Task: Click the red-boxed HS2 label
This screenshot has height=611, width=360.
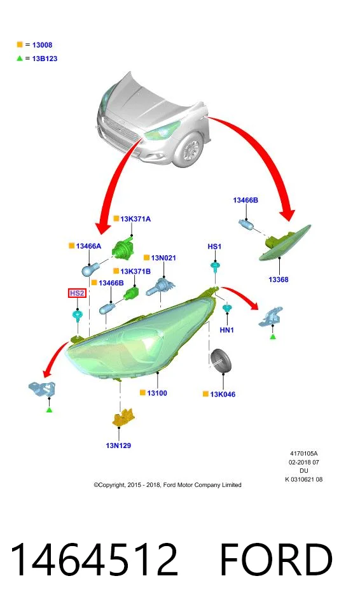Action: (77, 293)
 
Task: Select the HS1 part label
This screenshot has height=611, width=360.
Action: (214, 247)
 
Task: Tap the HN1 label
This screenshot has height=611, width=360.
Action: (227, 330)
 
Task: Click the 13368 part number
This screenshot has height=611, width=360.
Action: (279, 279)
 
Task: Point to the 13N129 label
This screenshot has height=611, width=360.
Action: (118, 446)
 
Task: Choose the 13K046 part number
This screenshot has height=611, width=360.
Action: (223, 395)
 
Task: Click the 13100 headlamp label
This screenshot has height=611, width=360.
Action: (157, 393)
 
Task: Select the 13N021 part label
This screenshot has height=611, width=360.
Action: (163, 258)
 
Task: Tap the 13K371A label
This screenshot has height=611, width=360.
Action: (135, 219)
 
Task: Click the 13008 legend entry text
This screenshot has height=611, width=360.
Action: (42, 45)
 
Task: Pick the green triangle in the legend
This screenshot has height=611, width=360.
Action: (20, 59)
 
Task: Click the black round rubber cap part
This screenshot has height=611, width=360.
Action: (221, 361)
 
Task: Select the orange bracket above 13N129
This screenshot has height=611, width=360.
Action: (123, 418)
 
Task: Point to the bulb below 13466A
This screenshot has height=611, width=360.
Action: (91, 269)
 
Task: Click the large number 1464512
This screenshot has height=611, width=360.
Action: (94, 559)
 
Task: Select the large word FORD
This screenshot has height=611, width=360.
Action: (276, 559)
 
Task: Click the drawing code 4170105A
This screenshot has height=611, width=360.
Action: (303, 454)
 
